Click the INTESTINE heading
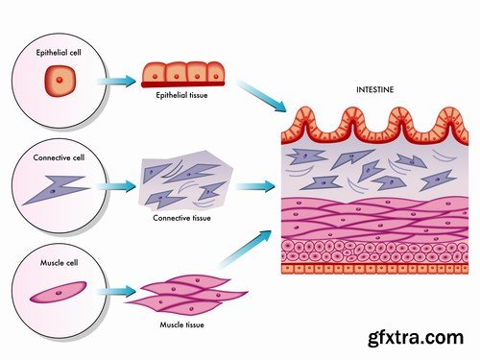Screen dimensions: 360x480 pyautogui.click(x=375, y=90)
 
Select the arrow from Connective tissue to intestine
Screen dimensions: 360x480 pyautogui.click(x=252, y=184)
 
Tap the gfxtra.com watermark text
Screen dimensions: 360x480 pyautogui.click(x=422, y=337)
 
